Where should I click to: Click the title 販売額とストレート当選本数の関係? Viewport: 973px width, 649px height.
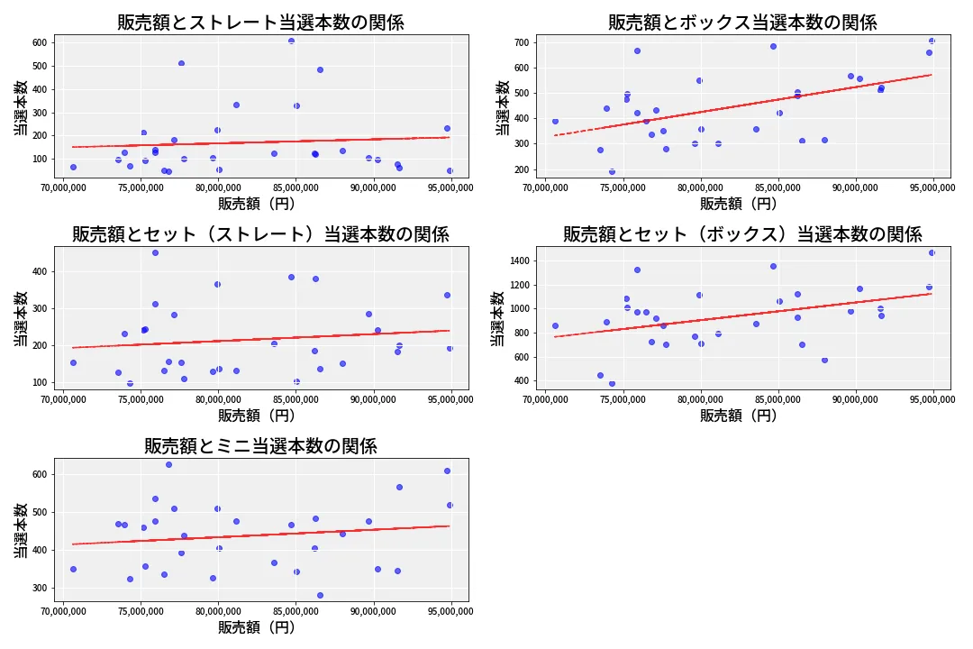(260, 23)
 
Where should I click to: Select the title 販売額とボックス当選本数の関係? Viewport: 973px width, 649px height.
(742, 23)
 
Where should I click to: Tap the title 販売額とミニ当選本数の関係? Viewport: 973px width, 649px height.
(260, 446)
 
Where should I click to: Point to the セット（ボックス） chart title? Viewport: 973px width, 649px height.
(742, 234)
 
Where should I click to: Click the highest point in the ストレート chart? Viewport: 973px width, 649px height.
(291, 41)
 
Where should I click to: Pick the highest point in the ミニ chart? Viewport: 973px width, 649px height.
(168, 464)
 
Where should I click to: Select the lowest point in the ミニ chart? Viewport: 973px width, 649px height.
(320, 595)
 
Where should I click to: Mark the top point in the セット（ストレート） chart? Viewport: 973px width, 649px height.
(155, 252)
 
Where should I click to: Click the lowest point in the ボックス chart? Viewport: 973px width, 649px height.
(612, 171)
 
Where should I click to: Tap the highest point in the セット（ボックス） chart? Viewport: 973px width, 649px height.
(932, 252)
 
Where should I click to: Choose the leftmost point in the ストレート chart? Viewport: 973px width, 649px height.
(73, 167)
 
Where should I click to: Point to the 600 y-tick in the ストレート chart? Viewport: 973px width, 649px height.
(40, 42)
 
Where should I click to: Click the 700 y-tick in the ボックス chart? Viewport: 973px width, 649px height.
(522, 42)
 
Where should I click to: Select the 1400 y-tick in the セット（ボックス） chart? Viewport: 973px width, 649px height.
(519, 261)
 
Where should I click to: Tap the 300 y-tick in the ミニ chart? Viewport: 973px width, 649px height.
(40, 588)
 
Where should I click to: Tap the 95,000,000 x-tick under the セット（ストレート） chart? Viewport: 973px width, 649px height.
(450, 400)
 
